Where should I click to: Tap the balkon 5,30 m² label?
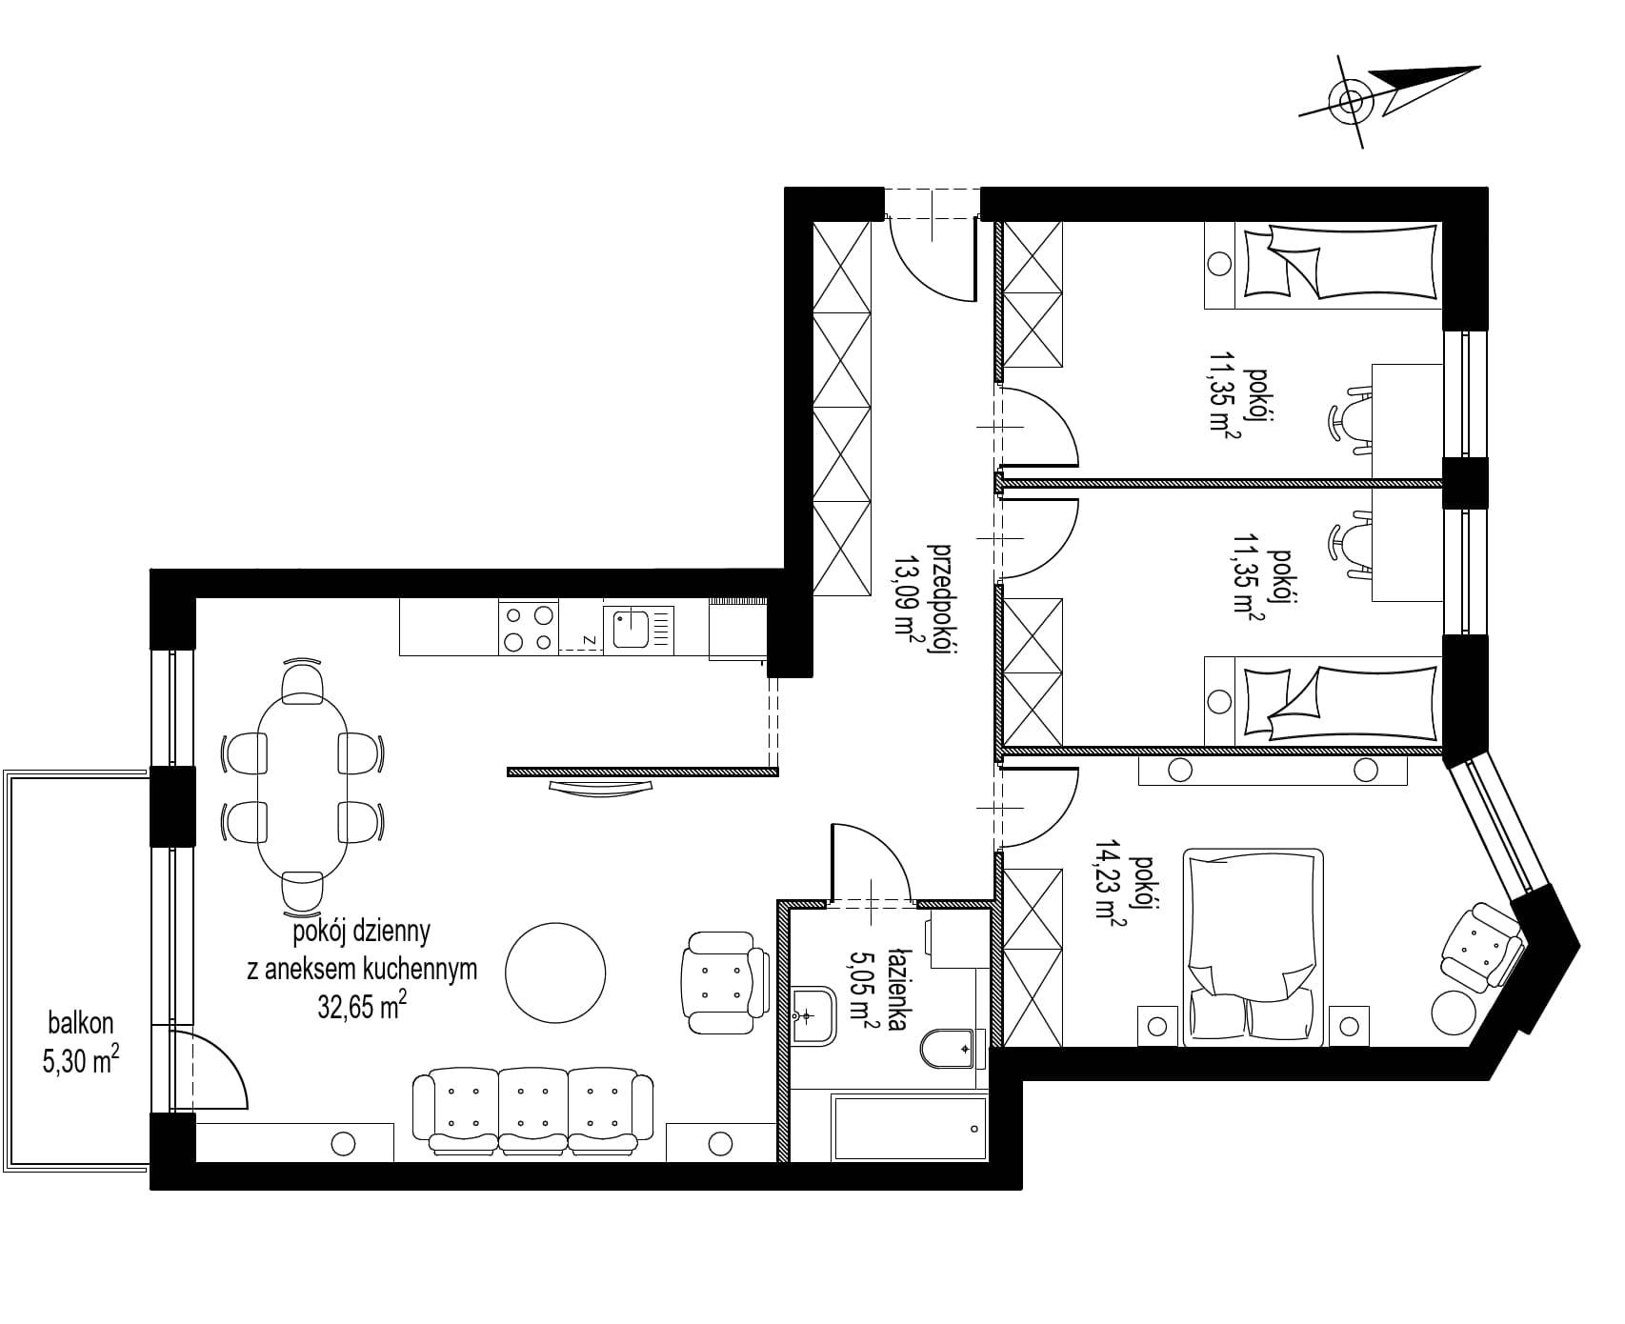[81, 1042]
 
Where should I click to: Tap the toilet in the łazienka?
[949, 1050]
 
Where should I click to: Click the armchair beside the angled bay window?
[1482, 946]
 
